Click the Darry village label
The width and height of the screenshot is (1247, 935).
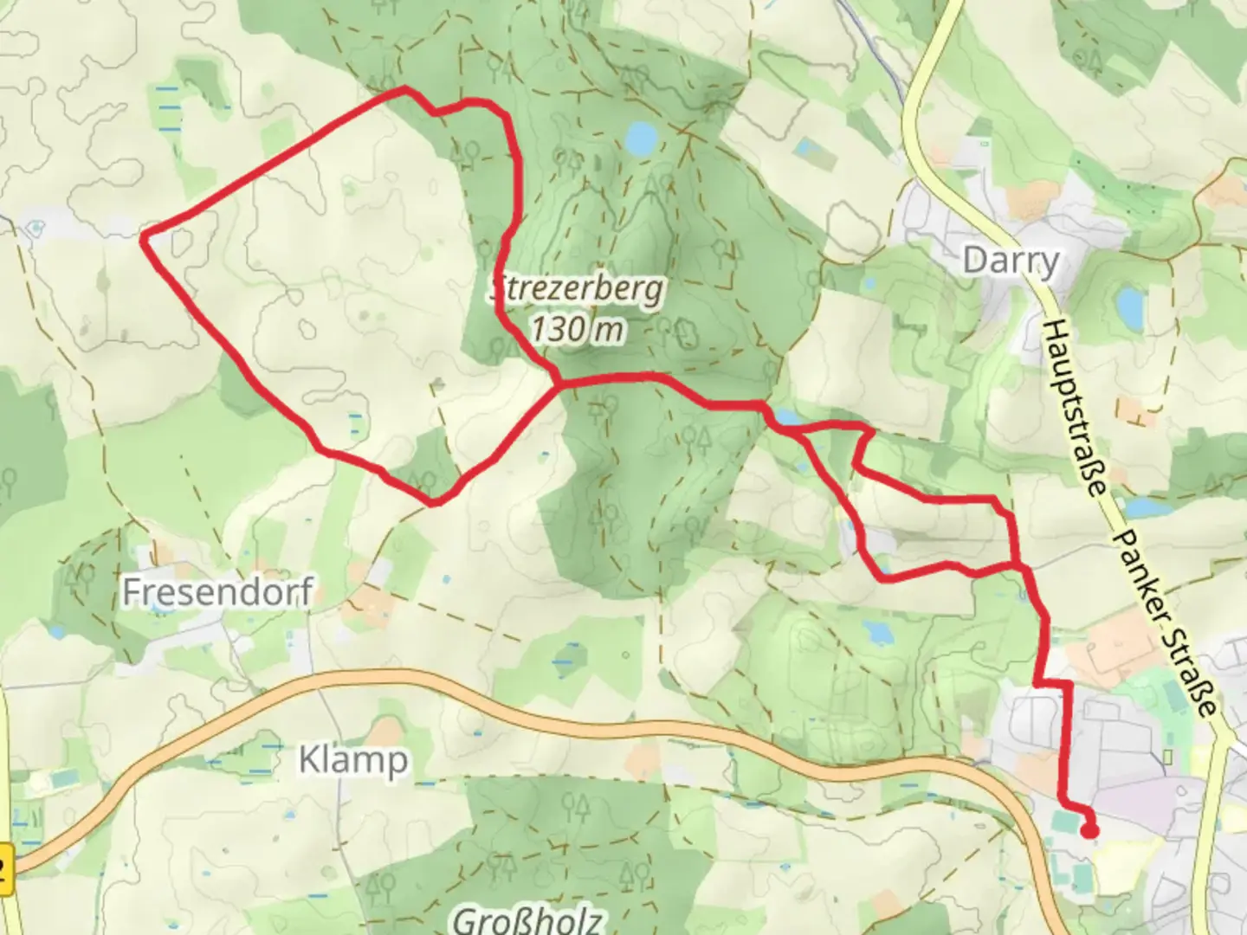tap(1011, 261)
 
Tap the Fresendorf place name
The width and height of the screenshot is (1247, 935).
tap(216, 593)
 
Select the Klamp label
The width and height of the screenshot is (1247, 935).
tap(352, 760)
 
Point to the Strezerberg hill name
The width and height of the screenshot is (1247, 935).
tap(578, 289)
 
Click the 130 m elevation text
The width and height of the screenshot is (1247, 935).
tap(577, 329)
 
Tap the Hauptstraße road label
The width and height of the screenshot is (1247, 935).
tap(1075, 407)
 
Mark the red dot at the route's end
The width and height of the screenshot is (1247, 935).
tap(1090, 831)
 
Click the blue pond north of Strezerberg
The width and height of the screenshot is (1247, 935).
tap(642, 139)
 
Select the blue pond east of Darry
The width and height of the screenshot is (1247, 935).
tap(1129, 304)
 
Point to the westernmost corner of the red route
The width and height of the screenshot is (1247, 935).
tap(145, 236)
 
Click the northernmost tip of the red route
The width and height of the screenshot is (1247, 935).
tap(402, 89)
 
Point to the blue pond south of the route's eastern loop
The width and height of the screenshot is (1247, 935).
tap(878, 633)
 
